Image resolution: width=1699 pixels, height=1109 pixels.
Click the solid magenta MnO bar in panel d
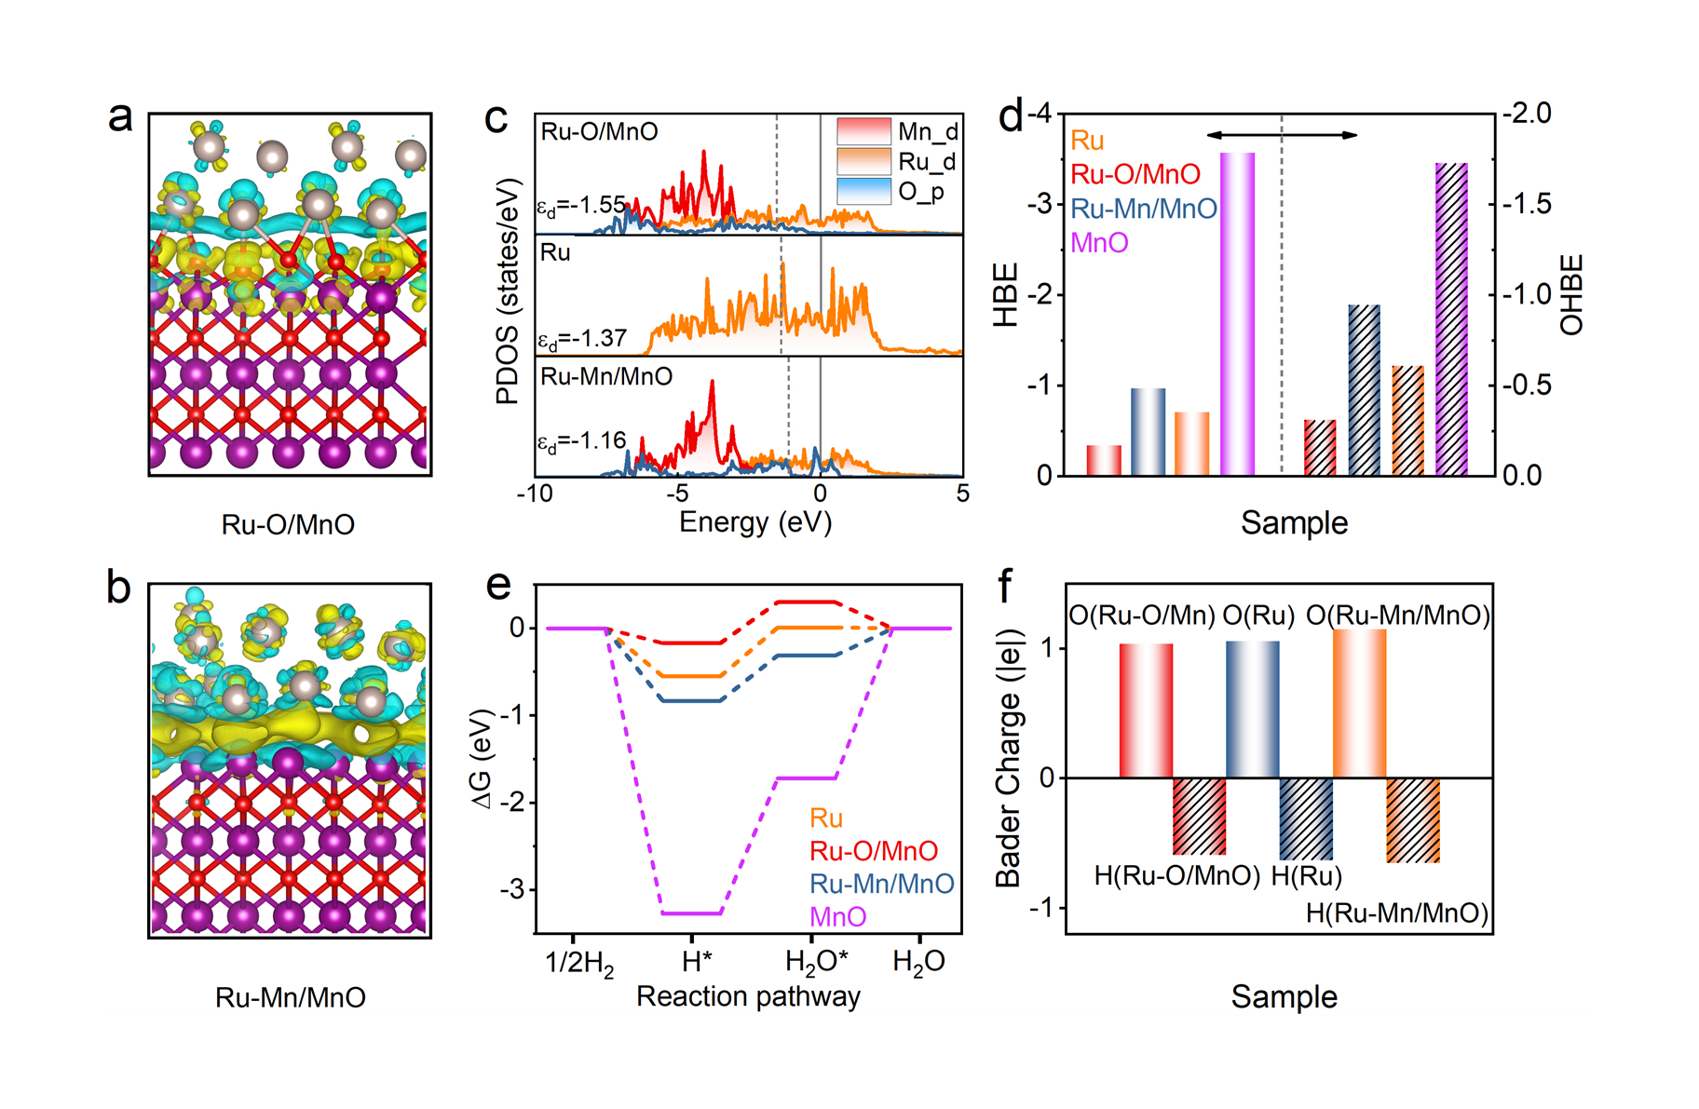pos(1237,314)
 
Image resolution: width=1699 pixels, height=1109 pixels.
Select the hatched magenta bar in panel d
pos(1451,319)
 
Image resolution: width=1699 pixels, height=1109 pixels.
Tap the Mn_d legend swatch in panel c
pos(863,131)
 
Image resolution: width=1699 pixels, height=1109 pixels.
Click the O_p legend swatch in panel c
pos(863,191)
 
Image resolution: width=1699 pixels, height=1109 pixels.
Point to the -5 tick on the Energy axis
pos(677,493)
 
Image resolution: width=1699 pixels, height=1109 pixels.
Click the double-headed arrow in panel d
pos(1282,136)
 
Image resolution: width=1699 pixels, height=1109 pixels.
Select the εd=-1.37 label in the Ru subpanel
pos(582,339)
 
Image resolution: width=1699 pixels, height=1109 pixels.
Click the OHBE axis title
pos(1571,294)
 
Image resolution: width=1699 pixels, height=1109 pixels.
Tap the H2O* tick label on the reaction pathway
pos(816,962)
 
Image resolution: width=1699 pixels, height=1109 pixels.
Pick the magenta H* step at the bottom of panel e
pos(691,913)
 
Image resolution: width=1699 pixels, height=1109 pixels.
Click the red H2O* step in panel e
pos(808,602)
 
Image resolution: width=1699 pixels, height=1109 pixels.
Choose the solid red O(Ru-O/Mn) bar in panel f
pos(1146,710)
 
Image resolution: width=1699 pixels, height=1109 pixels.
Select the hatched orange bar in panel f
pos(1413,820)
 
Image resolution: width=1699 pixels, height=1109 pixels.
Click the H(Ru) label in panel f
pos(1306,875)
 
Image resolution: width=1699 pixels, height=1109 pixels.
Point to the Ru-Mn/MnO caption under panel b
pos(290,997)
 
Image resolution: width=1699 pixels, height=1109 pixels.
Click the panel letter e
pos(498,585)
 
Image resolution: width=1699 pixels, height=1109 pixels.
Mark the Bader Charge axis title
pos(1010,758)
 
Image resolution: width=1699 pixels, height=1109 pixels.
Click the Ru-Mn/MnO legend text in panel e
pos(881,884)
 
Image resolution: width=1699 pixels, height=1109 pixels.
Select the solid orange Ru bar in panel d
pos(1191,443)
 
